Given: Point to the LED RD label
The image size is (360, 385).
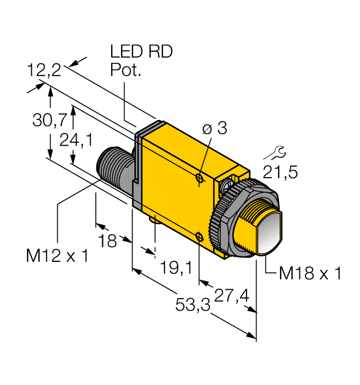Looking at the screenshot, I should tap(141, 52).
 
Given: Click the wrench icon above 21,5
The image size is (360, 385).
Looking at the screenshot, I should tap(280, 151).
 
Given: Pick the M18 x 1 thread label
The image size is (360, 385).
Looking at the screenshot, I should tap(310, 273).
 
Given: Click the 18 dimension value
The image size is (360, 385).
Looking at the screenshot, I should tap(107, 240).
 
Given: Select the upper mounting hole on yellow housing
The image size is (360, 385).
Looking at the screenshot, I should tap(199, 178).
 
